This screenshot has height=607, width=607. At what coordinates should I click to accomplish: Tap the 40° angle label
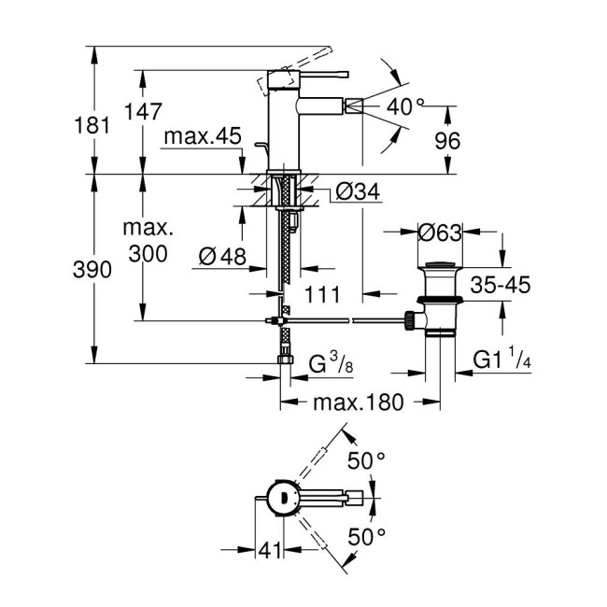click(406, 107)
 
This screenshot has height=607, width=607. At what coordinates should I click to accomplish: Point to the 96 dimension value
click(449, 141)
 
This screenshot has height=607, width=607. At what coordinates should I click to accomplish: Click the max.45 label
click(196, 137)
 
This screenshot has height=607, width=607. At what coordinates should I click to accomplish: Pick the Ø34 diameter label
click(355, 193)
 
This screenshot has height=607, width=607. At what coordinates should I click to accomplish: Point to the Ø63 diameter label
click(437, 231)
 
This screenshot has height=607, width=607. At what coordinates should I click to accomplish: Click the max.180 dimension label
click(356, 402)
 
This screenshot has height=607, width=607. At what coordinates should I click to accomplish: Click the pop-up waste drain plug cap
click(437, 271)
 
